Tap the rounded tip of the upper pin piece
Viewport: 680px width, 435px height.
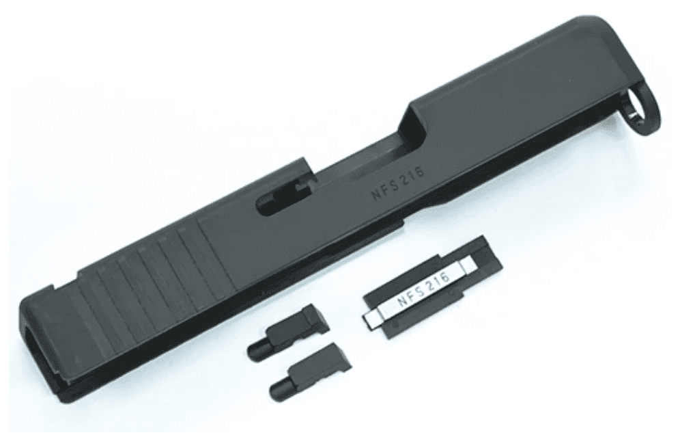coord(255,351)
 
